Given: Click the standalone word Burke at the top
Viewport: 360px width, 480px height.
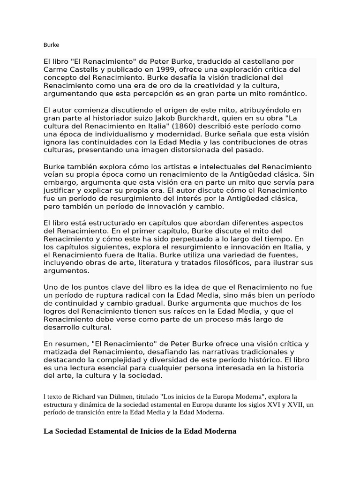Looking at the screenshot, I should point(51,45).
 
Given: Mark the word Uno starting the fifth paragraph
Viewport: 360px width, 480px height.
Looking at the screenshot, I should point(51,287).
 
